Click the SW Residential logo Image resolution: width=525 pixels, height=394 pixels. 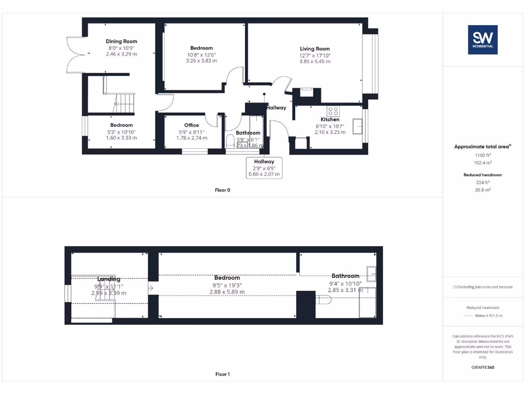click(482, 40)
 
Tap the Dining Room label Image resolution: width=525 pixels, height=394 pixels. click(122, 42)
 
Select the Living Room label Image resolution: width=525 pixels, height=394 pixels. click(315, 49)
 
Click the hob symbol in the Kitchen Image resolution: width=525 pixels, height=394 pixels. click(333, 110)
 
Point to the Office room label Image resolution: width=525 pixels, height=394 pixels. click(191, 125)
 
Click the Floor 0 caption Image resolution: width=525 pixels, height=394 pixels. click(223, 190)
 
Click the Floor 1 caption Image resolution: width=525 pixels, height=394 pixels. click(223, 375)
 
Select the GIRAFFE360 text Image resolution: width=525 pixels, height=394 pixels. click(482, 367)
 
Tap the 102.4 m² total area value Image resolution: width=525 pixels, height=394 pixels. click(482, 162)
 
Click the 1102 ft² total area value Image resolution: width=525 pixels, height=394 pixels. click(482, 154)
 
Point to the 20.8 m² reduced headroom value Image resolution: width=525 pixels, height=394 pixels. click(482, 189)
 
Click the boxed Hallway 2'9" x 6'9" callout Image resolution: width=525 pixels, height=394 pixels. click(264, 168)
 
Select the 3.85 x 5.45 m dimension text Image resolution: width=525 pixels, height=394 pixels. click(315, 62)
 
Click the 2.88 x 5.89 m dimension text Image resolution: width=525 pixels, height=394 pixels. click(227, 292)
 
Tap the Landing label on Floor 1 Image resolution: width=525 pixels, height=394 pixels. click(108, 279)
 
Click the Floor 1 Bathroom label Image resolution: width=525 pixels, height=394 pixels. click(345, 276)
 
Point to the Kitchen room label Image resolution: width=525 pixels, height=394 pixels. click(330, 120)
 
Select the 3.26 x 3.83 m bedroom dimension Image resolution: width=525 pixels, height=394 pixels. click(201, 61)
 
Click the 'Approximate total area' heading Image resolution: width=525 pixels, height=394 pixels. click(481, 147)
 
